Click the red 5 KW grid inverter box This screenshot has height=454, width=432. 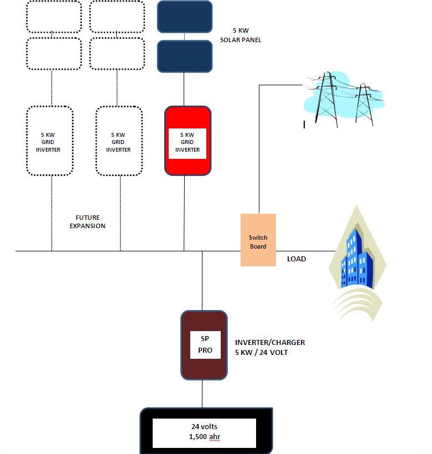(x=188, y=140)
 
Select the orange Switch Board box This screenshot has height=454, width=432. (x=258, y=240)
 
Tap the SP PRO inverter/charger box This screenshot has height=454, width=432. (x=204, y=345)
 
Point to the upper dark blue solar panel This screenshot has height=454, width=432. (x=185, y=17)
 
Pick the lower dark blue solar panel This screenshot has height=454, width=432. (x=185, y=56)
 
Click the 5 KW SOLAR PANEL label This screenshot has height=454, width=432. (x=240, y=35)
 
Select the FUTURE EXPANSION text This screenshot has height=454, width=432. (x=91, y=222)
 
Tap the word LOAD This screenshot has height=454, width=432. (x=296, y=259)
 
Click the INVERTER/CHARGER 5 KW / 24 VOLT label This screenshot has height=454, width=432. (x=269, y=347)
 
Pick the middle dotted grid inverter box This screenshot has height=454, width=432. (x=118, y=141)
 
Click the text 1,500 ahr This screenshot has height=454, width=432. (x=204, y=437)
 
